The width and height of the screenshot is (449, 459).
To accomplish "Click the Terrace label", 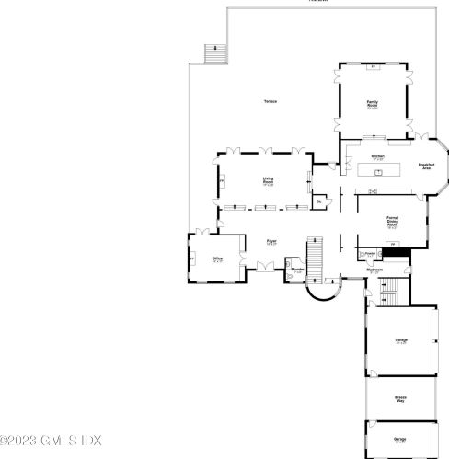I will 270,100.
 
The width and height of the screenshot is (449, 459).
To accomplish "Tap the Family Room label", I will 373,103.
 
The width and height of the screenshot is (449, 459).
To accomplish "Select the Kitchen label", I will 377,157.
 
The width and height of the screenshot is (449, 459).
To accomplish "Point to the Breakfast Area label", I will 426,166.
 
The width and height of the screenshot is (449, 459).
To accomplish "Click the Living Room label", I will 268,181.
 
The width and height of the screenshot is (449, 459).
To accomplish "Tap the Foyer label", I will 271,243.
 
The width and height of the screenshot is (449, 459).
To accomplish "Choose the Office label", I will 218,260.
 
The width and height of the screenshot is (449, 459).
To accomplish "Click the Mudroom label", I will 374,270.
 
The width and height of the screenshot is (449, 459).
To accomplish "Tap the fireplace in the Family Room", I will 373,66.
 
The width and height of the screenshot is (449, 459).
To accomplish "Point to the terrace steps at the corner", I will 214,54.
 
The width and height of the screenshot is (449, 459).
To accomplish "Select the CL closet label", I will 318,200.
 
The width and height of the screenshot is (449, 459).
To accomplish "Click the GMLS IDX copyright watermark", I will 51,440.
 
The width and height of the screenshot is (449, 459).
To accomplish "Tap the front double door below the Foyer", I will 268,266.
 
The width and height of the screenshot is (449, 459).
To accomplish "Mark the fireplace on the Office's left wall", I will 191,259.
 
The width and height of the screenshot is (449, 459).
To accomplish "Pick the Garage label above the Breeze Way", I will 400,341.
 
